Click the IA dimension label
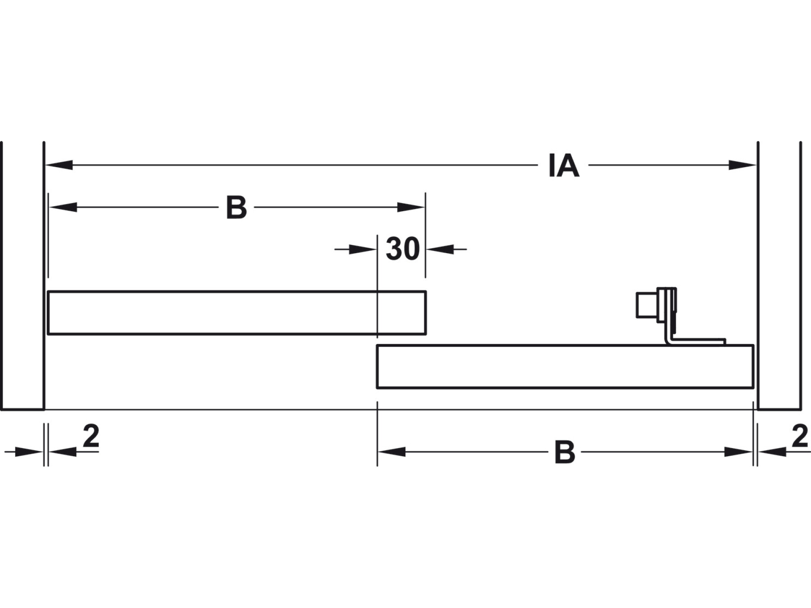pyautogui.click(x=564, y=166)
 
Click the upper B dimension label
pyautogui.click(x=237, y=208)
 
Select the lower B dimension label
pyautogui.click(x=565, y=452)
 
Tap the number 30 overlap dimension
pyautogui.click(x=402, y=249)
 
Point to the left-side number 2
pyautogui.click(x=91, y=436)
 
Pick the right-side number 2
pyautogui.click(x=800, y=436)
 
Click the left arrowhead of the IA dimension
pyautogui.click(x=59, y=165)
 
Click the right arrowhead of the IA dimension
pyautogui.click(x=742, y=165)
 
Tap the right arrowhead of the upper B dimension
pyautogui.click(x=411, y=208)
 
